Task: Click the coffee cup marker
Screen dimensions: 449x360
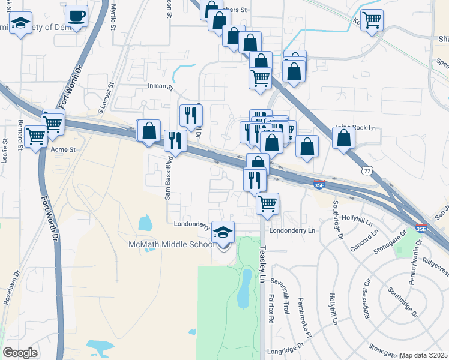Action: pos(76,16)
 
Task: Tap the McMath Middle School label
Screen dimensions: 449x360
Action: pos(172,244)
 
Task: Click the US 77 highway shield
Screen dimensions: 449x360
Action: pos(366,171)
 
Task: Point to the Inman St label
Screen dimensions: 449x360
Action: pos(160,87)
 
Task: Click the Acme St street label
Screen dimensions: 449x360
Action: pos(64,149)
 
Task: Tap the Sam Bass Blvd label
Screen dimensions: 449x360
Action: pos(169,177)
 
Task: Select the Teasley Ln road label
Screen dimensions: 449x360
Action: pos(262,264)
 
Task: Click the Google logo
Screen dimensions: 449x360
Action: pos(20,353)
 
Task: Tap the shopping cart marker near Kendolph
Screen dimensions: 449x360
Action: pos(372,20)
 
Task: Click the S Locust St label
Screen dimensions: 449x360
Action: pos(106,100)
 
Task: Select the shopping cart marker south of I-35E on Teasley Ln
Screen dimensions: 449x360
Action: pos(267,203)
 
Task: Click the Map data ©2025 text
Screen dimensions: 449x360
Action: pos(423,355)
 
